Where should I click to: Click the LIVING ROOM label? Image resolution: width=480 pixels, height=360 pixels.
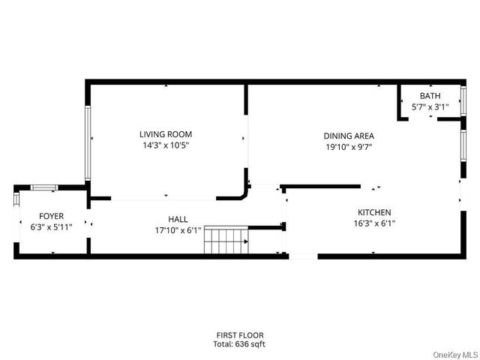164,134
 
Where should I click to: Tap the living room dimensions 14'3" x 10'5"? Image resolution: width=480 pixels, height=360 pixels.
164,145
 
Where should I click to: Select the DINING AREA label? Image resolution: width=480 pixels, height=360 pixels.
349,136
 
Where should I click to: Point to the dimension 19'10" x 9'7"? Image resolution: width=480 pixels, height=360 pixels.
349,147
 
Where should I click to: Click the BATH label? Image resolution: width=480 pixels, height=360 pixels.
430,96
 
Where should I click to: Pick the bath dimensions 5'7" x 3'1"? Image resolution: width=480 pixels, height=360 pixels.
430,107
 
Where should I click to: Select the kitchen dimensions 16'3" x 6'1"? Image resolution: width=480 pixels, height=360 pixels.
374,223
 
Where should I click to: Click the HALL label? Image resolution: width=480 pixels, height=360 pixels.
178,219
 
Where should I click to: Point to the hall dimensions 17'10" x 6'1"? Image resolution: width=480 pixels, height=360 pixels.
178,230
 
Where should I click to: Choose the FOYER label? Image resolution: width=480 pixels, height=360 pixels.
52,216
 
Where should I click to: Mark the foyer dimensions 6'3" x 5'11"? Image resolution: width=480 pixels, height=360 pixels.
52,226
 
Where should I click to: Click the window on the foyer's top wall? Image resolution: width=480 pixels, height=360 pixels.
43,187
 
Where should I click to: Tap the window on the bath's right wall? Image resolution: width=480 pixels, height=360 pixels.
463,99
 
